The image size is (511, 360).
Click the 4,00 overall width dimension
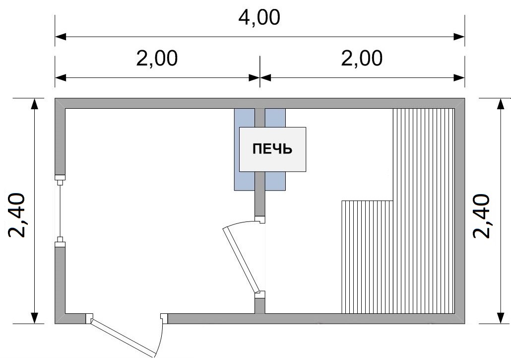coord(259,17)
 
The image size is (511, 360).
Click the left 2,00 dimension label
coord(157,59)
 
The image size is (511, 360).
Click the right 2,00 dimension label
coord(362,59)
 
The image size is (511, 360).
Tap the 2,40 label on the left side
coord(17,215)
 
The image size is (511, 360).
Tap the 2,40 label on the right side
coord(481,216)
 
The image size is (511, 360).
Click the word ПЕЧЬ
coord(272,148)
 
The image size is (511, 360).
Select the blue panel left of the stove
coord(245,149)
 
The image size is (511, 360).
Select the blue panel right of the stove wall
coord(275,149)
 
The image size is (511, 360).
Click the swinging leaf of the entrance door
coord(123,338)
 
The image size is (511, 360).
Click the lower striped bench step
coord(367,257)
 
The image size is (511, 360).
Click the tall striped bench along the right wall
coord(424,211)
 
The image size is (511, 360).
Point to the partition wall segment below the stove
coord(260,194)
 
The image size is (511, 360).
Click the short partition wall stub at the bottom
coord(260,306)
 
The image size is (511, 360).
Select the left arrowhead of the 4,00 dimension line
coord(61,37)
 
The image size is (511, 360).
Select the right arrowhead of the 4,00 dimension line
coord(459,37)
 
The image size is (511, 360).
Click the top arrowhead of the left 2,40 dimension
coord(34,104)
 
